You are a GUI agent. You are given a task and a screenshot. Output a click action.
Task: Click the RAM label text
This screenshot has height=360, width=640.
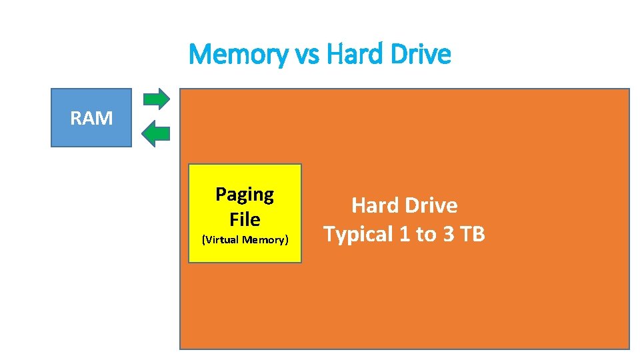[92, 119]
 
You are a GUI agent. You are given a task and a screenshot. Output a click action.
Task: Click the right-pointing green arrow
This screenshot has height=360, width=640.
[157, 99]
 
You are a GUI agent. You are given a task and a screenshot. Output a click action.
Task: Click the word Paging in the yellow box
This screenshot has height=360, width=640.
[245, 195]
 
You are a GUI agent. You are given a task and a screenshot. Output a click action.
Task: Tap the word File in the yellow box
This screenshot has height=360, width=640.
[245, 219]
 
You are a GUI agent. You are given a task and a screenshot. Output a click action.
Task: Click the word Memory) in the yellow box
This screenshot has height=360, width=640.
[265, 240]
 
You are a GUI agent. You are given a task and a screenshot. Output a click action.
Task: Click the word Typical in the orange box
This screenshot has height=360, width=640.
[357, 235]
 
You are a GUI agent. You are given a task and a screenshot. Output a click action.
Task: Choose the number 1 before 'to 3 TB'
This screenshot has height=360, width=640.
[405, 235]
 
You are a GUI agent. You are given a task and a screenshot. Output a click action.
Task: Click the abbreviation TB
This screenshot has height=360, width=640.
[473, 235]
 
